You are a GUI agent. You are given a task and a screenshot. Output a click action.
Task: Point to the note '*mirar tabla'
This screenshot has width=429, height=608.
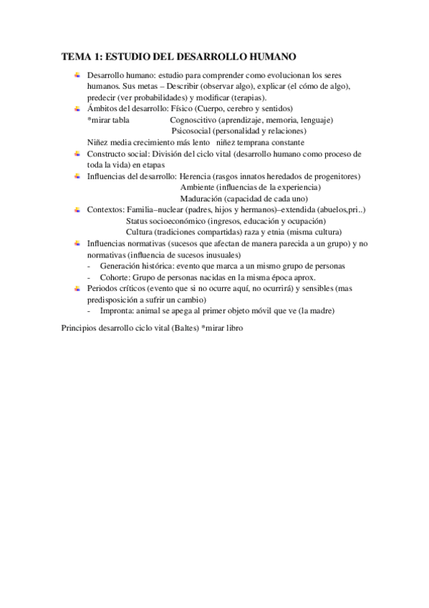pyautogui.click(x=108, y=120)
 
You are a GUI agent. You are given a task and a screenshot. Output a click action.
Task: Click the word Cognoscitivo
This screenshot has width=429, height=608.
pyautogui.click(x=193, y=120)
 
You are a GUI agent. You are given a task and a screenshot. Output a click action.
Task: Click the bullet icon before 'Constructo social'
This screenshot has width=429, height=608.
pyautogui.click(x=77, y=153)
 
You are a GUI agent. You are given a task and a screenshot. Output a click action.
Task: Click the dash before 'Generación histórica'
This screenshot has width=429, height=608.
pyautogui.click(x=89, y=266)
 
